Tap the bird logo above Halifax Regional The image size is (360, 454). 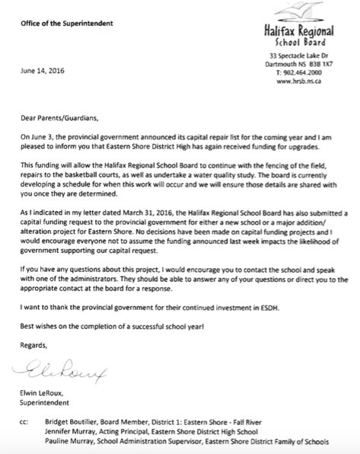312,11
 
